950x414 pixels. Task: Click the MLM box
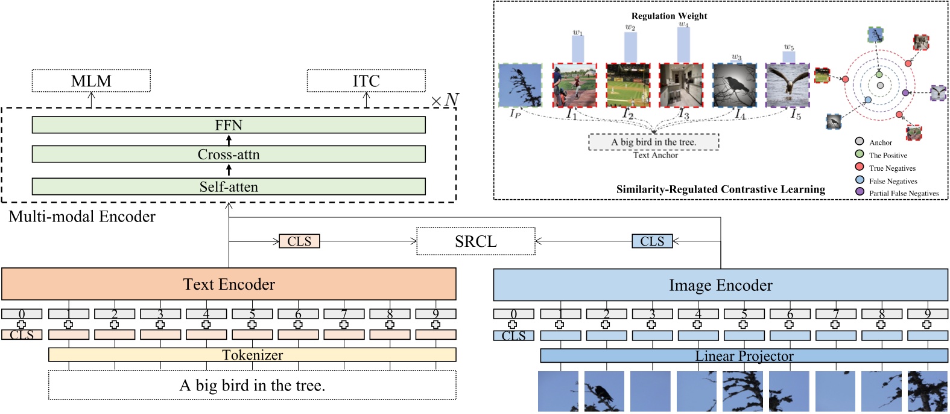click(x=91, y=81)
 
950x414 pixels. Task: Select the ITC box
click(x=366, y=81)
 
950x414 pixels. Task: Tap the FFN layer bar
click(x=229, y=125)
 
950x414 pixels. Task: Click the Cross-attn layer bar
click(x=229, y=154)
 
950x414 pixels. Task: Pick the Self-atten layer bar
click(x=229, y=187)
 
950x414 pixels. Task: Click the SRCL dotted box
click(x=476, y=241)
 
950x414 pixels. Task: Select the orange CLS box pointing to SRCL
click(x=299, y=241)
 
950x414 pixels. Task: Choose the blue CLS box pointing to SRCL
click(x=652, y=241)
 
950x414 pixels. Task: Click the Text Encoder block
click(x=229, y=284)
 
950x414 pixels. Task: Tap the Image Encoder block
click(x=720, y=285)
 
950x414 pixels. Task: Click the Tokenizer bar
click(x=252, y=355)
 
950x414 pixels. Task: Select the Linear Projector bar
click(x=744, y=356)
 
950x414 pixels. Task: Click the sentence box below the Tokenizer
click(x=252, y=385)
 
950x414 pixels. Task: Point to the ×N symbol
click(x=445, y=100)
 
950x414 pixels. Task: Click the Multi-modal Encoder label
click(x=82, y=217)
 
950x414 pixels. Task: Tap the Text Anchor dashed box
click(x=654, y=142)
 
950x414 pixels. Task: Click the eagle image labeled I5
click(x=787, y=85)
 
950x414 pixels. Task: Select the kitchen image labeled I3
click(x=681, y=85)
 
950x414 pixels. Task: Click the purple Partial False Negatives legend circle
click(x=860, y=192)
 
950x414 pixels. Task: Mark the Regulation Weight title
click(x=669, y=16)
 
